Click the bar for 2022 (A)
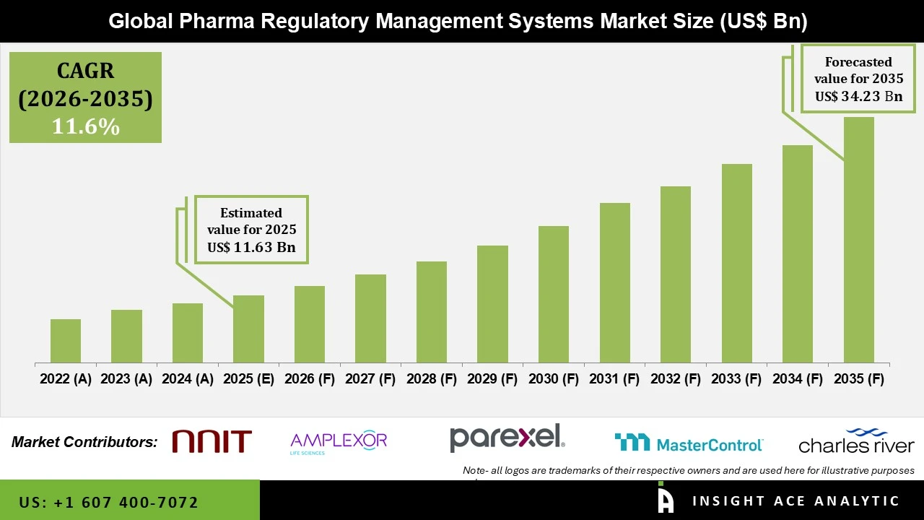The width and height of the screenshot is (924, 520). click(x=66, y=341)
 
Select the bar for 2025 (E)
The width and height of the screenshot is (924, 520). click(x=248, y=329)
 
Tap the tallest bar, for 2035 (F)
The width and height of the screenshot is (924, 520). click(x=858, y=240)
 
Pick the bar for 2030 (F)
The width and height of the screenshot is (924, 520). click(x=554, y=294)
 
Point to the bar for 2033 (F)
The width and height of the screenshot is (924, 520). click(x=736, y=263)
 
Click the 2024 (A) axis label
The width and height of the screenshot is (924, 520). click(x=188, y=379)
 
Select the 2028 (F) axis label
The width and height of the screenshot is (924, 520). click(x=432, y=379)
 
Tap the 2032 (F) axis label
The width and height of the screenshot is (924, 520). click(x=676, y=379)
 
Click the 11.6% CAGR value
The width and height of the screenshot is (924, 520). click(x=85, y=126)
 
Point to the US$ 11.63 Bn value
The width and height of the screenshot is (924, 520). click(x=251, y=247)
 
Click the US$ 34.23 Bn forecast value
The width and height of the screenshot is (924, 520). click(x=858, y=96)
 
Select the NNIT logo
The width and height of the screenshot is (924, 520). click(x=212, y=441)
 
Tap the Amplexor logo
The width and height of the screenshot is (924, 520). click(x=338, y=441)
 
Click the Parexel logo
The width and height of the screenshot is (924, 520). click(x=507, y=438)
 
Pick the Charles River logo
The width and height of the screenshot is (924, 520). click(x=856, y=441)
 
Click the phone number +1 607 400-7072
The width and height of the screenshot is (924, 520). click(x=108, y=502)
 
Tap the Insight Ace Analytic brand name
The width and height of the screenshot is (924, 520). click(x=796, y=501)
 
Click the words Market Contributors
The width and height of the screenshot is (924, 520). click(x=84, y=442)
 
